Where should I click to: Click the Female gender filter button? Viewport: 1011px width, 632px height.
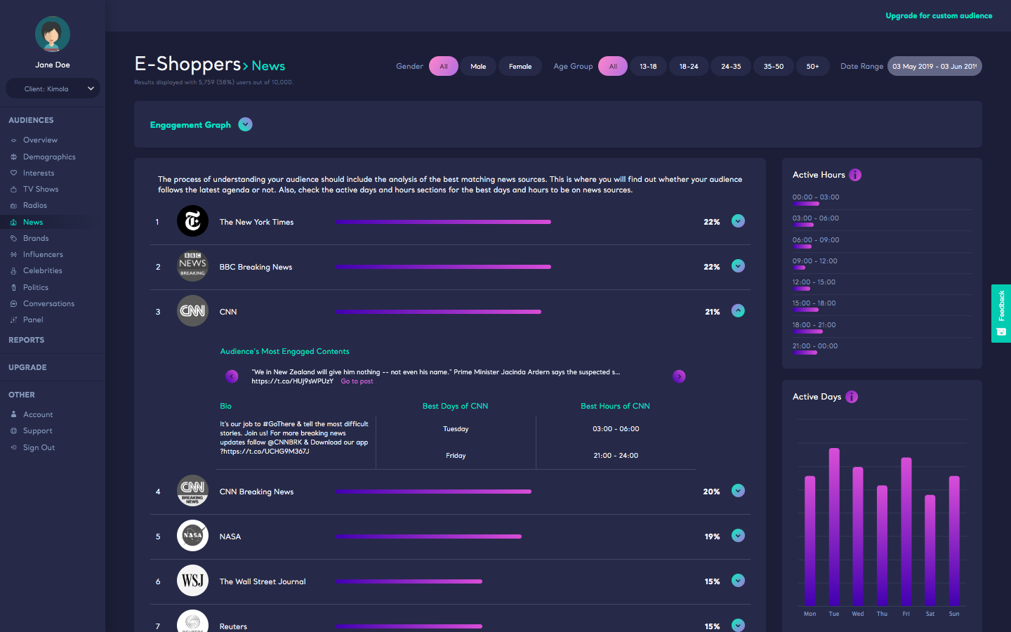[520, 66]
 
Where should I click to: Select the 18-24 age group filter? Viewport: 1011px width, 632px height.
[689, 66]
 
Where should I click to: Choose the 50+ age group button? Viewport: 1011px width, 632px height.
[812, 66]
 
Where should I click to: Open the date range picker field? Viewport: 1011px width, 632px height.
[934, 66]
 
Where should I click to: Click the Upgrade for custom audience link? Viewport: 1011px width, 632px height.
[939, 15]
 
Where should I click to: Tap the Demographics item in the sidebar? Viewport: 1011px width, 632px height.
[49, 157]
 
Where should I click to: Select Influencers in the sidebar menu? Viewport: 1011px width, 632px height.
[43, 254]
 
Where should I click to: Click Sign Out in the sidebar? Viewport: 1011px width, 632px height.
[39, 447]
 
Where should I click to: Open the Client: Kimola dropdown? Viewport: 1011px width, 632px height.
[53, 88]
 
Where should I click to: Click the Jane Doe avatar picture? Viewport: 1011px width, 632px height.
[53, 34]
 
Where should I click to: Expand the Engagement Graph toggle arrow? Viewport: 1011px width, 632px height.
[245, 124]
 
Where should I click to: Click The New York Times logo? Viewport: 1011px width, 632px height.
[192, 221]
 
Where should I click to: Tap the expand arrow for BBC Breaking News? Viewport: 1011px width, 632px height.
[738, 266]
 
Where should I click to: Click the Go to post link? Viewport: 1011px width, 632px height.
[357, 381]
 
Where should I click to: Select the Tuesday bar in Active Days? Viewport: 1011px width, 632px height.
[834, 527]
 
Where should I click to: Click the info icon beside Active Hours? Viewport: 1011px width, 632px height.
[855, 175]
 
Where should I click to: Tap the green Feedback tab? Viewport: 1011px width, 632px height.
[1000, 313]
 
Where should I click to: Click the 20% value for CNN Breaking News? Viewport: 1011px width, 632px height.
[711, 492]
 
